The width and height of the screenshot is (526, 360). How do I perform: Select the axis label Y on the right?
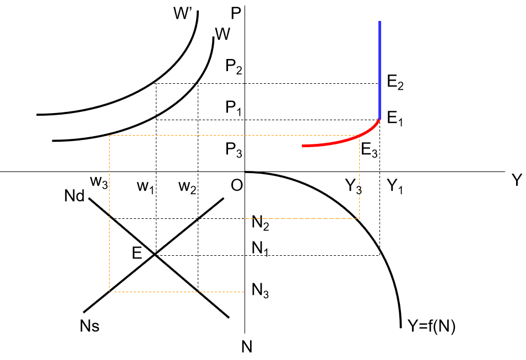point(516,181)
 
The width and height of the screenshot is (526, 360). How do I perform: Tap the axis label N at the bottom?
point(247,346)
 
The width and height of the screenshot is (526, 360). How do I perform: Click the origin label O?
point(236,187)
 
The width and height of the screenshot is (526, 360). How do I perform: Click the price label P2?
point(234,67)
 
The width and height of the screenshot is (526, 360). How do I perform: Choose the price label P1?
point(234,108)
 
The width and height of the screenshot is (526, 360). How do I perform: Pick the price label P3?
point(234,149)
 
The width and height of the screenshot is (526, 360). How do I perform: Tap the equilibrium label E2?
point(395,84)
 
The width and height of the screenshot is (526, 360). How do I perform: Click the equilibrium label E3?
point(370,150)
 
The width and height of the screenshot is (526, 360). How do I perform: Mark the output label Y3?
point(354,188)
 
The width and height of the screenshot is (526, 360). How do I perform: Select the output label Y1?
point(393,188)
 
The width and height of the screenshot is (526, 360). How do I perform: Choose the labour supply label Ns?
point(89,326)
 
